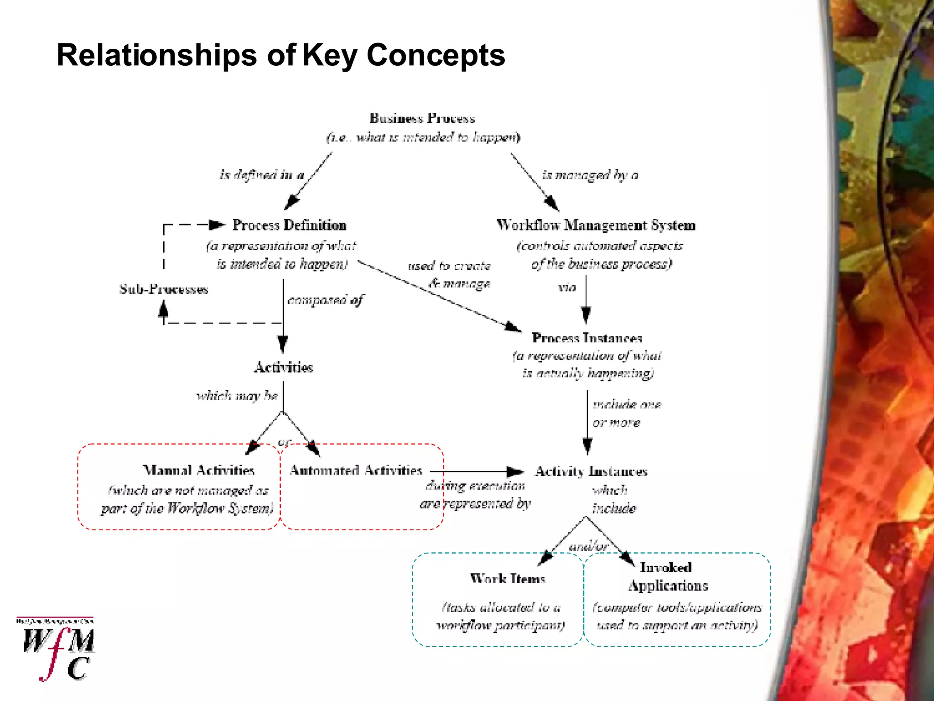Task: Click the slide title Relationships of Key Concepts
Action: [280, 55]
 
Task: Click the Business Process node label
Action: [422, 119]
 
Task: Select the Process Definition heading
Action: [289, 225]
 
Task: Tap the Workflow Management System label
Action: [596, 225]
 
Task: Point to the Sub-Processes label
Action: [164, 289]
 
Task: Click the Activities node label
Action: [283, 367]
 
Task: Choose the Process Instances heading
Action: [586, 338]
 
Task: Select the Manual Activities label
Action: [199, 470]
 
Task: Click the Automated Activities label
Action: [356, 470]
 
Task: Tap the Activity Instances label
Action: [591, 471]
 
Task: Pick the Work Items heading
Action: [508, 579]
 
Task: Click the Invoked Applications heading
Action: [667, 576]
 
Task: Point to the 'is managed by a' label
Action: [590, 175]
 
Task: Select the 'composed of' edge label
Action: [325, 300]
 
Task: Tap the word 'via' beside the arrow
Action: [567, 288]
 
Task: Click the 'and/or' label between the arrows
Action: [588, 546]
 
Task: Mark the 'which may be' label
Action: [237, 396]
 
